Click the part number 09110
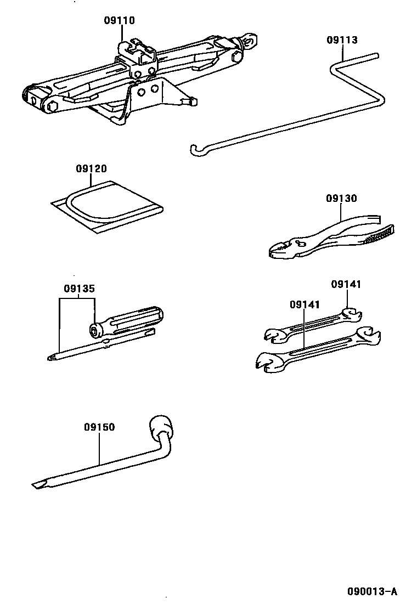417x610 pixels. click(119, 21)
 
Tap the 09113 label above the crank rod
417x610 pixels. click(342, 40)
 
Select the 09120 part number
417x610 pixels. click(91, 169)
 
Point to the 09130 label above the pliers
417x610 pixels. click(341, 199)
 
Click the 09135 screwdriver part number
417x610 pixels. click(78, 289)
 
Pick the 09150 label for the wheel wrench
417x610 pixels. click(99, 427)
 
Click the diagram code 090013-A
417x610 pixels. click(371, 591)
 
